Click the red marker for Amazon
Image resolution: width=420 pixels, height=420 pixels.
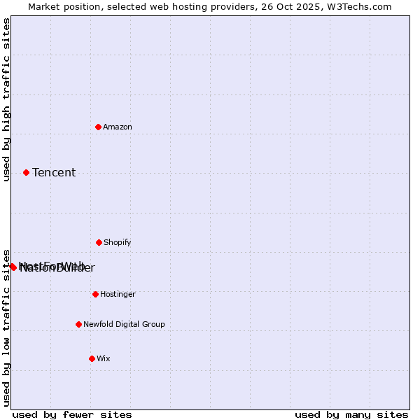(x=99, y=127)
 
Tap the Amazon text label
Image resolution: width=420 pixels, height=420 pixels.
(x=118, y=127)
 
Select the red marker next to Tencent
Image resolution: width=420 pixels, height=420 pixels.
(x=27, y=172)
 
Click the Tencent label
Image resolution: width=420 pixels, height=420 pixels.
(x=54, y=173)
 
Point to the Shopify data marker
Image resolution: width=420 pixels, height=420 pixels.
(x=99, y=242)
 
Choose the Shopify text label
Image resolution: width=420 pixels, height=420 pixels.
(x=118, y=243)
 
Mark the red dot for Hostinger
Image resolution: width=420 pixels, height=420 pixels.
(x=96, y=294)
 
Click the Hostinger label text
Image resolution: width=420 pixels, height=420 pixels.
(x=118, y=295)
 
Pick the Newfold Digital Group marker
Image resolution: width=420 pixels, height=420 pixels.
(x=79, y=324)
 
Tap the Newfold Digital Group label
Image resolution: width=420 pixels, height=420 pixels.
(x=124, y=325)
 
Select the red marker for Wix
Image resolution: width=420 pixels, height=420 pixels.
(x=92, y=358)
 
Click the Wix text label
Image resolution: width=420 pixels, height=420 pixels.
(x=104, y=359)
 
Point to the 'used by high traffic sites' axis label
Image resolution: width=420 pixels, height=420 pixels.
(x=6, y=99)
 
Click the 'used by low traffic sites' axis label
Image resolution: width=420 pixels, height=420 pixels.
(x=6, y=327)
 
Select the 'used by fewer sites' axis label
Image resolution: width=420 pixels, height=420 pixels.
(x=72, y=414)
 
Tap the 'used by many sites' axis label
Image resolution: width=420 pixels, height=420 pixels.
(x=351, y=414)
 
